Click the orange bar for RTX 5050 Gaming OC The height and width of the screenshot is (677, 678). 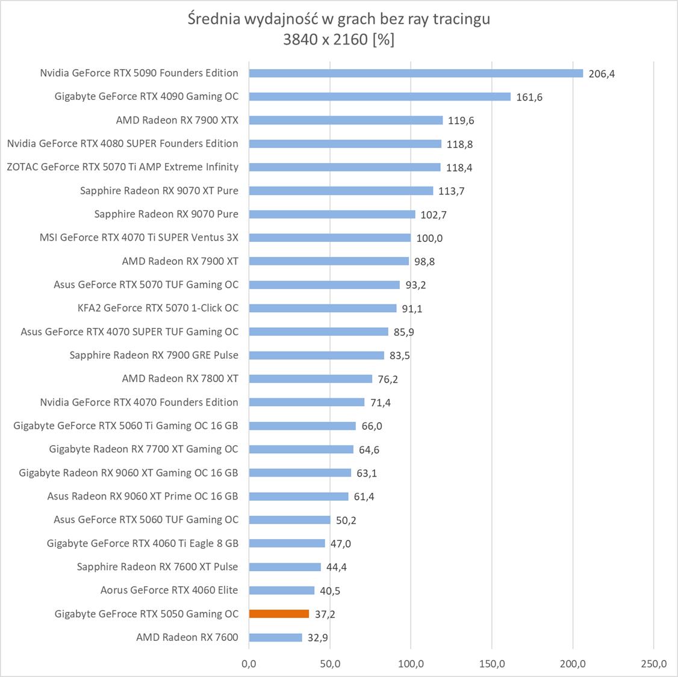coord(279,614)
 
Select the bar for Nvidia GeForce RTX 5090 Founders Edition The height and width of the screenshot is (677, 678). coord(415,73)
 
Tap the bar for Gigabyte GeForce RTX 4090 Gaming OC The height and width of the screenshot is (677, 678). coord(379,97)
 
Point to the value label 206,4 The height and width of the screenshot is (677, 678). coord(602,74)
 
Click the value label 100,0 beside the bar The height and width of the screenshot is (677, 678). coord(429,238)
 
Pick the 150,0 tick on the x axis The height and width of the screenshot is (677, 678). coord(492,664)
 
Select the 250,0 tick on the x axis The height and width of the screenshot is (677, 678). coord(654,664)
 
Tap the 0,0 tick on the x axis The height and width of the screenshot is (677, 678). coord(249,664)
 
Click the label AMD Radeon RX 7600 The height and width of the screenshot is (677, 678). coord(187,637)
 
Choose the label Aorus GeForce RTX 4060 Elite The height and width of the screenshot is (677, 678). coord(169,590)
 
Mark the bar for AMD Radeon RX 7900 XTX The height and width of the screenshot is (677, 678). coord(346,120)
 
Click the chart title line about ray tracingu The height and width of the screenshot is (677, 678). coord(339,19)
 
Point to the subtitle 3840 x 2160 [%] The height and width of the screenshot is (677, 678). coord(339,40)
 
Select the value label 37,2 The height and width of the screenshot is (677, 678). coord(325,614)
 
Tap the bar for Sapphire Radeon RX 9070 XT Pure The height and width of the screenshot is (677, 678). coord(341,191)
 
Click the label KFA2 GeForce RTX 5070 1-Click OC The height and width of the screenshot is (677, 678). coord(158,308)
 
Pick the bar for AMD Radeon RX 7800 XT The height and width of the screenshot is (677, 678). coord(310,379)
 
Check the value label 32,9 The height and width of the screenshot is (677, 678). coord(318,638)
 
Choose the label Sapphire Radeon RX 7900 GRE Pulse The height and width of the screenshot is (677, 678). coord(154,355)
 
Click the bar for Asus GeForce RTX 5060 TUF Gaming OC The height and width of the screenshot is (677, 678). coord(290,520)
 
